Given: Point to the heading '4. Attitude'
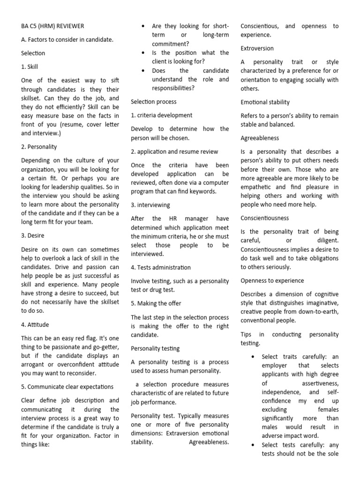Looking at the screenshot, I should tap(35, 324).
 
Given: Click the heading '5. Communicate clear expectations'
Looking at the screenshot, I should tap(67, 387).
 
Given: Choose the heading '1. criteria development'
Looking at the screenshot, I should tap(161, 115).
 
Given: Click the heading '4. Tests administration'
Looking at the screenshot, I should tap(161, 267).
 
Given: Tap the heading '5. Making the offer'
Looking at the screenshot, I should tap(156, 303).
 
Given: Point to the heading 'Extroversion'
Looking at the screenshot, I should tap(257, 48).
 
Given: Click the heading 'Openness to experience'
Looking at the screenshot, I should tap(272, 280).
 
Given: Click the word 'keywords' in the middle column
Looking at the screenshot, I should tap(203, 191).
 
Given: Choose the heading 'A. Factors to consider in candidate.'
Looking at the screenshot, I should tap(67, 40).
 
